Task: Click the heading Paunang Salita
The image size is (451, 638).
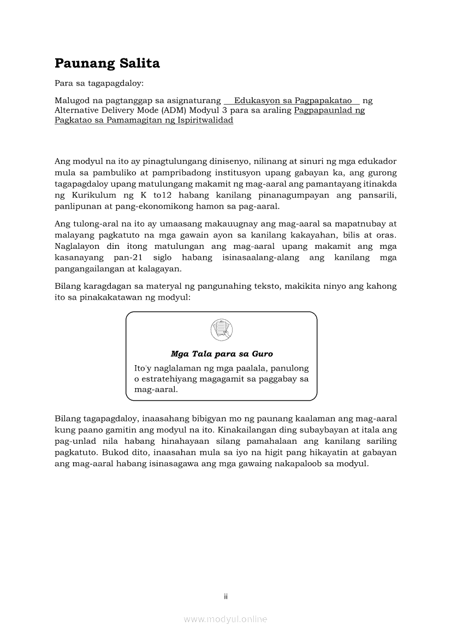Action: coord(107,64)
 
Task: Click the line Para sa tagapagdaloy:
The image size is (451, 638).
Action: coord(99,84)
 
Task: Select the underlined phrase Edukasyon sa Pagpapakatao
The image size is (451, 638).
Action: coord(293,100)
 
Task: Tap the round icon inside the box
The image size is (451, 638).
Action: coord(221,331)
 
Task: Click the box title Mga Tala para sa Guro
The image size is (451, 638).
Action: coord(222,354)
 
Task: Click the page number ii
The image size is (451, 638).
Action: coord(226,597)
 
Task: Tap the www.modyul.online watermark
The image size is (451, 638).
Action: coord(226,619)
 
